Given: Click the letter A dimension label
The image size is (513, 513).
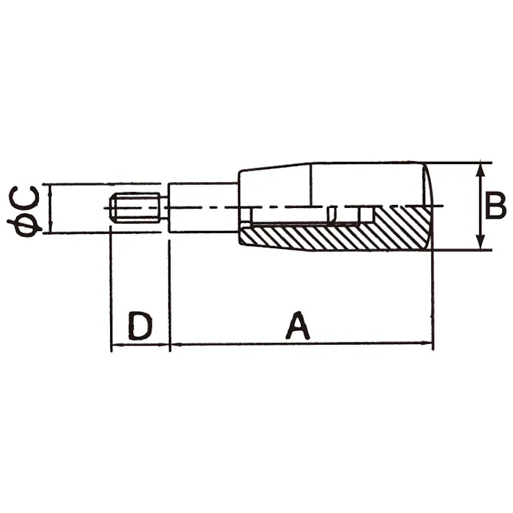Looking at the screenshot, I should tap(297, 325).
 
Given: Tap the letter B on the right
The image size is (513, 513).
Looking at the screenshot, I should tap(495, 206).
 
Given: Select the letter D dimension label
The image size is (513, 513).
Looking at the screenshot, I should tap(140, 326).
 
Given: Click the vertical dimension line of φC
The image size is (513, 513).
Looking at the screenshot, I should tap(50, 208).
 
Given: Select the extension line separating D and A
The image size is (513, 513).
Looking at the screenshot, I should tap(168, 295).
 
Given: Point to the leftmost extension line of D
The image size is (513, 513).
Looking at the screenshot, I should tap(111, 295).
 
